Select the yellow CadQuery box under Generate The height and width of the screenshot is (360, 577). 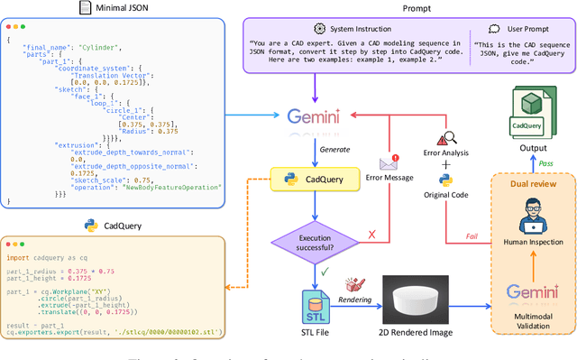[311, 180]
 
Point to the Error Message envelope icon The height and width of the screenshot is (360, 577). [389, 163]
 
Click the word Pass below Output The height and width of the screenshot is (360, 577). [545, 163]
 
